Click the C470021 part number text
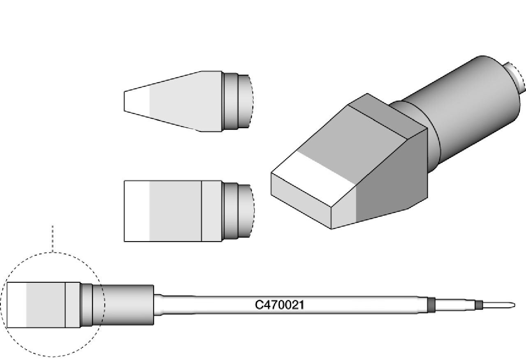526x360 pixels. (x=279, y=305)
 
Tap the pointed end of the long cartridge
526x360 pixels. (x=515, y=305)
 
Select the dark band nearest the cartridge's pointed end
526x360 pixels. (x=479, y=305)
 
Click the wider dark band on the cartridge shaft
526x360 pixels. (x=431, y=305)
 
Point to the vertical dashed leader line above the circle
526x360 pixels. (x=53, y=239)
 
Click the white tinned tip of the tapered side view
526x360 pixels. (x=137, y=101)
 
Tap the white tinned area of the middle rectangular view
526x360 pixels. (x=137, y=211)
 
